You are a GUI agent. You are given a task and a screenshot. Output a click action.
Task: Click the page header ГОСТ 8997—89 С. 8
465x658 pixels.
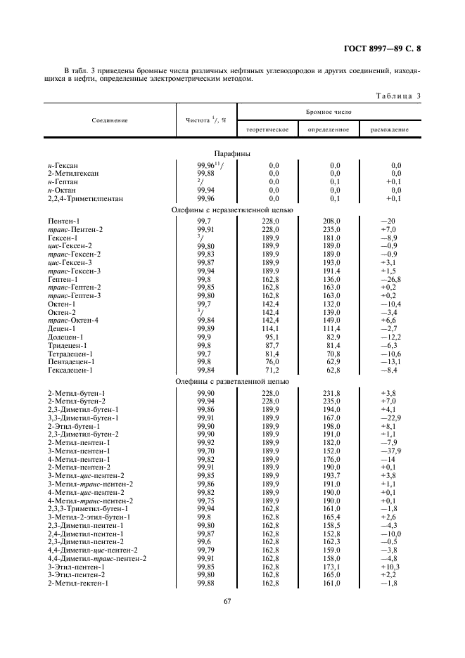[386, 49]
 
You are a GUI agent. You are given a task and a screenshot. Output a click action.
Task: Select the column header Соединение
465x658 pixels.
[110, 120]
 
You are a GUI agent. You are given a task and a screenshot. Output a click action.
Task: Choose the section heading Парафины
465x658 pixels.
[232, 153]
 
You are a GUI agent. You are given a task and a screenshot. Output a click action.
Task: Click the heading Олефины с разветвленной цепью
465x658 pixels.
[232, 382]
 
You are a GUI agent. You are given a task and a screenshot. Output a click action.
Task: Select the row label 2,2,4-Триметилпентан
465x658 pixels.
[85, 199]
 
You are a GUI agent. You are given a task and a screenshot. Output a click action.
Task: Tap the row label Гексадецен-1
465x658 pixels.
[70, 370]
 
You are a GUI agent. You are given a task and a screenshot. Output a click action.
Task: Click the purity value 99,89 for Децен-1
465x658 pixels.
[205, 328]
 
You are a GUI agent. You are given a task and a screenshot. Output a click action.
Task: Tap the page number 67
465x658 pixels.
[228, 601]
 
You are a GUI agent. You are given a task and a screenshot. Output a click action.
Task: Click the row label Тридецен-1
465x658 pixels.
[68, 345]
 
